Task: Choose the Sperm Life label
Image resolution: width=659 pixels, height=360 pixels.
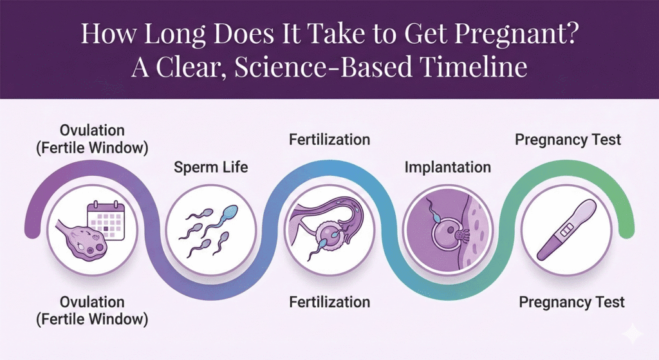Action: point(211,169)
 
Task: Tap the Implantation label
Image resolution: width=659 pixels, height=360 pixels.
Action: point(448,167)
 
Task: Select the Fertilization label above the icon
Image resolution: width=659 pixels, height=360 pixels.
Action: point(329,140)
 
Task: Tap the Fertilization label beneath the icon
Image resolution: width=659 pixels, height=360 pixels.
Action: point(329,302)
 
